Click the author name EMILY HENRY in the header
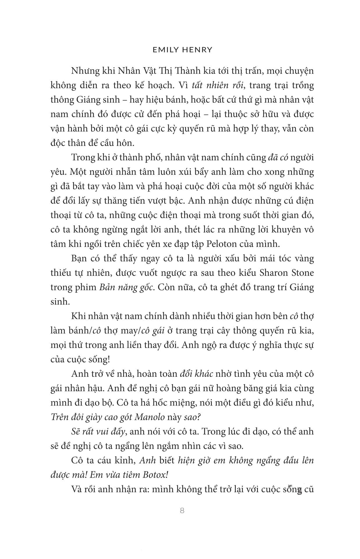182,50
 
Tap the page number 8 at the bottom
182,510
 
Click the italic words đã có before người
276,157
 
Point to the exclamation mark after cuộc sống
109,359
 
